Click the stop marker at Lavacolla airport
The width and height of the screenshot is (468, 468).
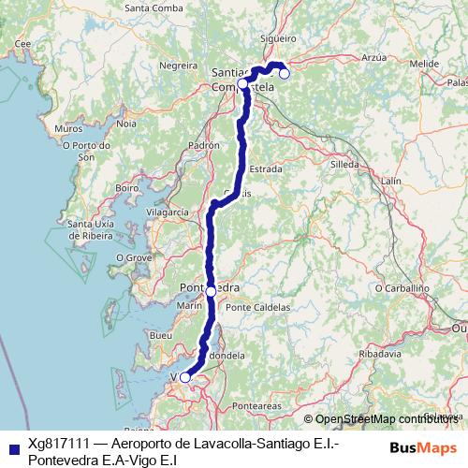coord(285,73)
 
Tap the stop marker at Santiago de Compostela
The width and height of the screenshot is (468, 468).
coord(242,83)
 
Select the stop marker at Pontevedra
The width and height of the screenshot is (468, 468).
coord(211,292)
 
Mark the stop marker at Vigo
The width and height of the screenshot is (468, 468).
coord(184,377)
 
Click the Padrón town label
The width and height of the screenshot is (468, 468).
coord(203,147)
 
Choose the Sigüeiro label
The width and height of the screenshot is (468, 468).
coord(279,38)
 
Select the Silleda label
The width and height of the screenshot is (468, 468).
coord(344,163)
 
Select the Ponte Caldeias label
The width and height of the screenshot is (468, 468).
coord(258,307)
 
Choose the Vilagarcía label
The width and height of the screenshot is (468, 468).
coord(168,213)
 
